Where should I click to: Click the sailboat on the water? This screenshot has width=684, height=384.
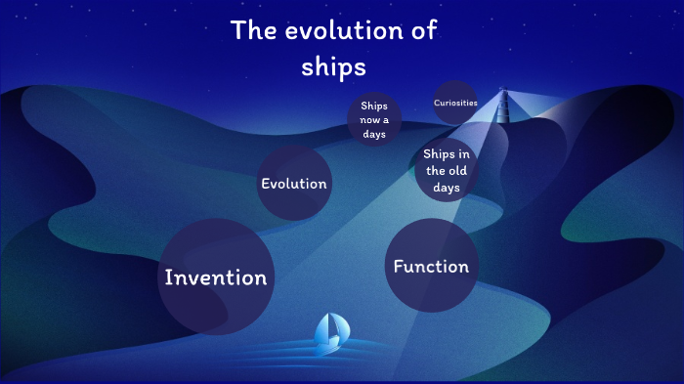[330, 332]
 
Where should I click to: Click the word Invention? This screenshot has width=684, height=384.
[215, 277]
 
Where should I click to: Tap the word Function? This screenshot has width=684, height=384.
[430, 266]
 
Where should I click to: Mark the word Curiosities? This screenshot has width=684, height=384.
[455, 103]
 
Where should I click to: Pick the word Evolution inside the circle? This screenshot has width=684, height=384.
[293, 184]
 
